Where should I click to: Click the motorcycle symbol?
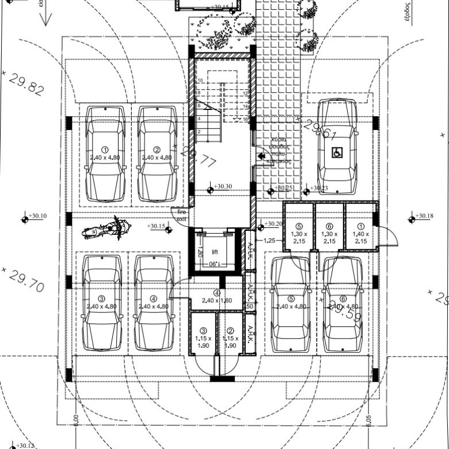click(x=104, y=230)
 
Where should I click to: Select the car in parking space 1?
click(x=105, y=152)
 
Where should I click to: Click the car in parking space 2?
click(x=157, y=152)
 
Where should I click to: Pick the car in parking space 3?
click(x=102, y=303)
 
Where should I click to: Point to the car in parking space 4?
click(x=154, y=303)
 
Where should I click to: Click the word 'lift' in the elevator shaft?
click(x=215, y=252)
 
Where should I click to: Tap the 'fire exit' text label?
click(x=181, y=215)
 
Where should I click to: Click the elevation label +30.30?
click(x=223, y=187)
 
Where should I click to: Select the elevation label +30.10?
click(x=37, y=216)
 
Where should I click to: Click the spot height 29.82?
click(x=26, y=84)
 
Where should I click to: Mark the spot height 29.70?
click(x=26, y=280)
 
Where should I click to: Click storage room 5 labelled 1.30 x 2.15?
click(x=298, y=234)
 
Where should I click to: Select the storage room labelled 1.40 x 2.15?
click(x=361, y=234)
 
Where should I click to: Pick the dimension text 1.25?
click(x=269, y=241)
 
